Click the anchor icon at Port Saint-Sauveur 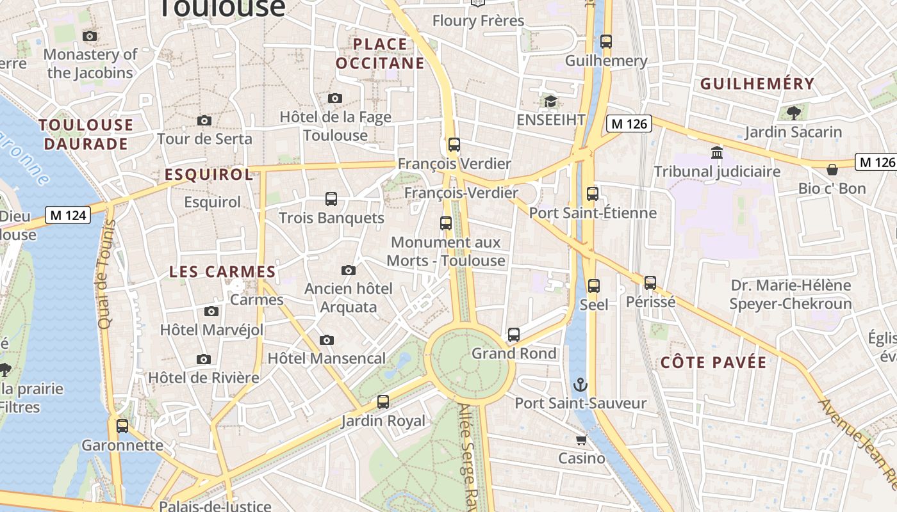pyautogui.click(x=580, y=385)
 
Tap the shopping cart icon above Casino pyautogui.click(x=581, y=440)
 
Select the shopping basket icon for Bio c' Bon pyautogui.click(x=832, y=170)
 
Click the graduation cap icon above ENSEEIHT pyautogui.click(x=550, y=102)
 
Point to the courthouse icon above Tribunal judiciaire pyautogui.click(x=717, y=153)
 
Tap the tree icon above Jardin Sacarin pyautogui.click(x=793, y=113)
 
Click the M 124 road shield pyautogui.click(x=68, y=216)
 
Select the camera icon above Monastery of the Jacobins pyautogui.click(x=90, y=36)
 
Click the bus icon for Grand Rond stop pyautogui.click(x=514, y=335)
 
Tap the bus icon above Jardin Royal pyautogui.click(x=383, y=402)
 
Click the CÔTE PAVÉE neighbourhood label pyautogui.click(x=713, y=363)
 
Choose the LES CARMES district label pyautogui.click(x=222, y=272)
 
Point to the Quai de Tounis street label pyautogui.click(x=106, y=275)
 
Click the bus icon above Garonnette pyautogui.click(x=122, y=426)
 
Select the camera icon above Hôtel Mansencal pyautogui.click(x=327, y=340)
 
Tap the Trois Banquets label pyautogui.click(x=331, y=218)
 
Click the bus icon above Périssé pyautogui.click(x=650, y=282)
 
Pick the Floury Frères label pyautogui.click(x=478, y=21)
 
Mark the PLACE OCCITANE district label pyautogui.click(x=380, y=54)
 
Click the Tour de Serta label pyautogui.click(x=204, y=139)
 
